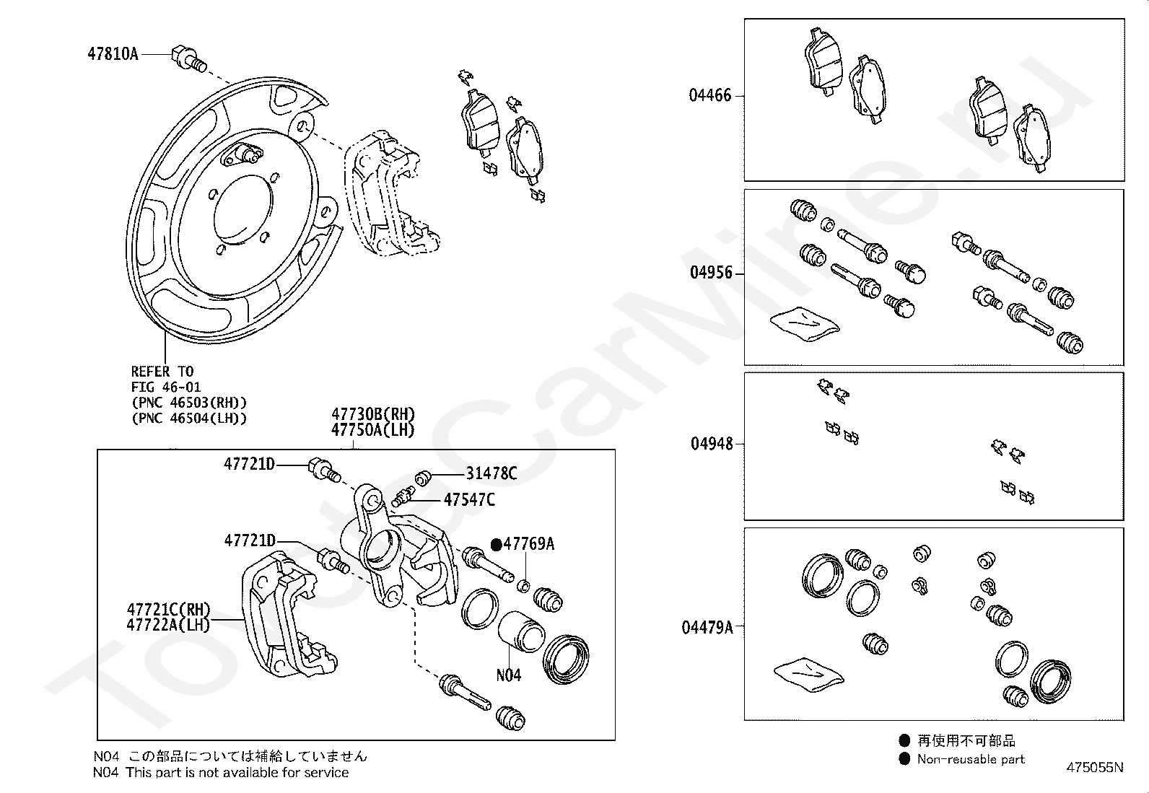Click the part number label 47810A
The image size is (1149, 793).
(113, 54)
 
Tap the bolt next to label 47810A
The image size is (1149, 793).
(186, 58)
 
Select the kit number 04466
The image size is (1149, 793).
(710, 95)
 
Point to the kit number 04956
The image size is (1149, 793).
(711, 273)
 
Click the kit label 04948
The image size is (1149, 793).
(712, 444)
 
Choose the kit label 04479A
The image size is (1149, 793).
(707, 627)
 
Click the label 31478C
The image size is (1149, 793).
(492, 473)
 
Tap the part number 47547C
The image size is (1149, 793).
(469, 499)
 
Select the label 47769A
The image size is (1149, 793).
(529, 544)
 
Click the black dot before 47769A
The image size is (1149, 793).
(496, 545)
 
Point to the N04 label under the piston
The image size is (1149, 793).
(508, 675)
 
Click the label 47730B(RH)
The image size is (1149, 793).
(373, 414)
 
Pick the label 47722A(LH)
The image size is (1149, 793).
(168, 625)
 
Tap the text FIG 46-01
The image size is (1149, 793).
(166, 387)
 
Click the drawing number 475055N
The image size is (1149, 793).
(1094, 768)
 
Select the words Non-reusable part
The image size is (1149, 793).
(971, 759)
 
